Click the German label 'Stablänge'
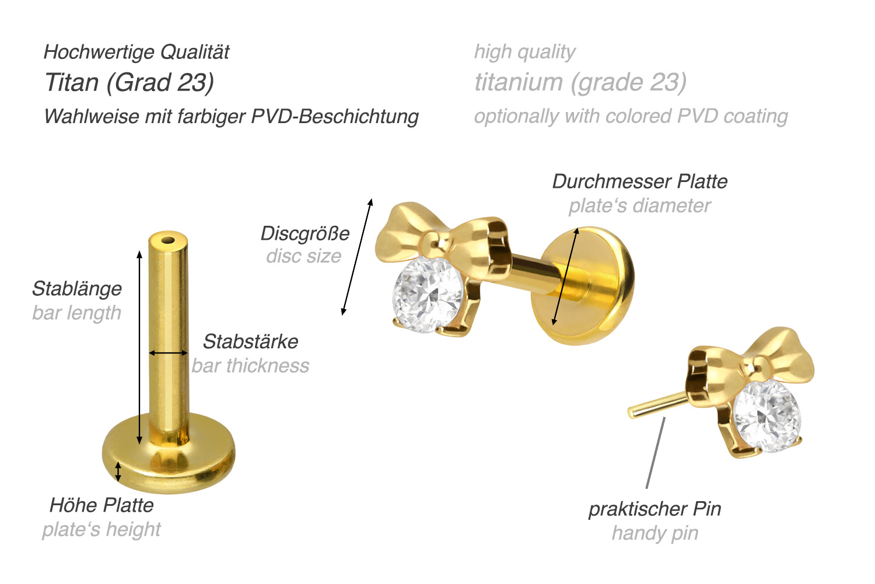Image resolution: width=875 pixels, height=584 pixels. (x=77, y=289)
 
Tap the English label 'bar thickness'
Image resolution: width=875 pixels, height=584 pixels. (x=250, y=366)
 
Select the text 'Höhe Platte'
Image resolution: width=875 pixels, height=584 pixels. (x=101, y=505)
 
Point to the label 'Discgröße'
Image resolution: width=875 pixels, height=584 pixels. (x=305, y=234)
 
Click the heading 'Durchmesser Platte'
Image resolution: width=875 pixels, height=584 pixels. (x=640, y=181)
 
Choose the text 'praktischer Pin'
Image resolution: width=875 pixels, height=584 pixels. (x=654, y=509)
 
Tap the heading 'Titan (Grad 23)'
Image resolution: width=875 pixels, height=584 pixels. (x=129, y=82)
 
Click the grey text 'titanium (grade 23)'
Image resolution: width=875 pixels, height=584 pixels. (x=580, y=82)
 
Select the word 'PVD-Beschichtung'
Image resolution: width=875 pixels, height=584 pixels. (x=335, y=117)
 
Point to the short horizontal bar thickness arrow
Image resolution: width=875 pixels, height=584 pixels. (x=169, y=353)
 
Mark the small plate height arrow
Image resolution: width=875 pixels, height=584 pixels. (x=118, y=472)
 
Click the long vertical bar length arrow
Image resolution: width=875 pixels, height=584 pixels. (x=139, y=347)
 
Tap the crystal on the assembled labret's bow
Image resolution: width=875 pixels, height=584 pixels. (x=428, y=295)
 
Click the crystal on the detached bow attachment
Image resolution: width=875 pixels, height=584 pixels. (x=766, y=417)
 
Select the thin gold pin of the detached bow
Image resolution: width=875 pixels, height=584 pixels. (x=657, y=405)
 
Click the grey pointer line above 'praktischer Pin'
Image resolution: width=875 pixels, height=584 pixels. (x=656, y=453)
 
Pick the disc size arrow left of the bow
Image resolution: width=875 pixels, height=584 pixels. (x=357, y=257)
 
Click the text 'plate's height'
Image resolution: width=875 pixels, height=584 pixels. (x=101, y=530)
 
